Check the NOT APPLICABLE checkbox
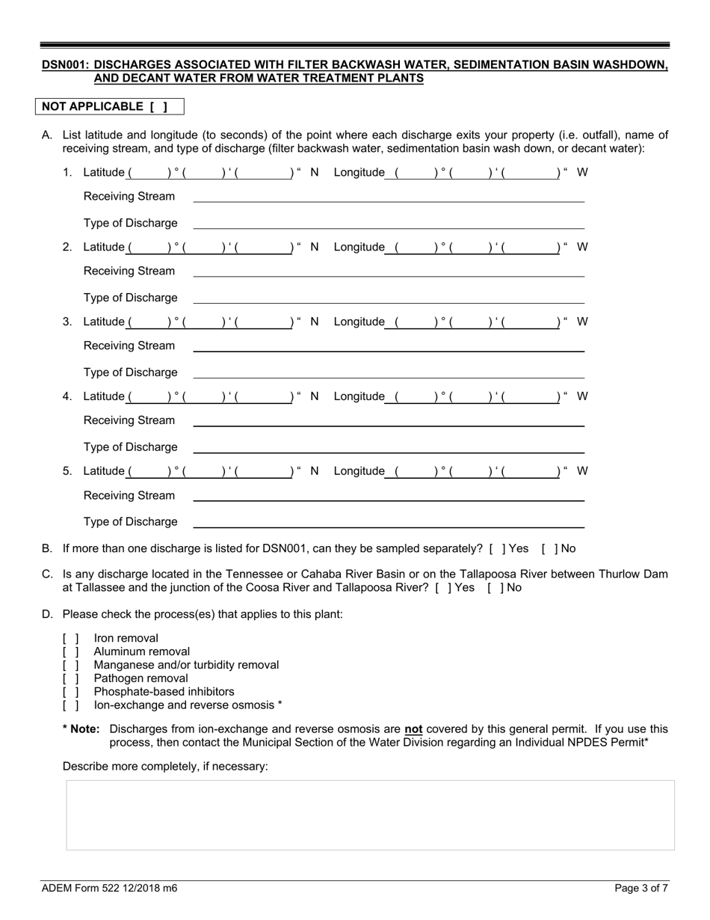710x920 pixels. click(x=158, y=107)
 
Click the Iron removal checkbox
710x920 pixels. click(x=71, y=638)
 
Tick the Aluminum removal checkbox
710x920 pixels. click(x=71, y=651)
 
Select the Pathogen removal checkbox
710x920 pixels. click(x=71, y=678)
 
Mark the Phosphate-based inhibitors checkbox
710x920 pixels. click(x=71, y=692)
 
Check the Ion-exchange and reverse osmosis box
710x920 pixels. click(x=71, y=705)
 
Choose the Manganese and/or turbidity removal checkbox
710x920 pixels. click(x=71, y=665)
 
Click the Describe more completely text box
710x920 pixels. click(x=370, y=815)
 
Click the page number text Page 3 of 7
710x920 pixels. click(x=641, y=889)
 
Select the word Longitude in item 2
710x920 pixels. click(x=359, y=248)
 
